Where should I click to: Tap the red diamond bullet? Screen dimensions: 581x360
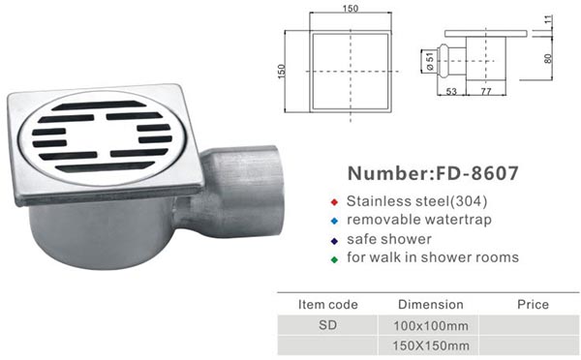click(x=334, y=202)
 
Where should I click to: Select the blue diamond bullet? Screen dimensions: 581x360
click(x=334, y=221)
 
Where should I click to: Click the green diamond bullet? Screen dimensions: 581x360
click(x=334, y=259)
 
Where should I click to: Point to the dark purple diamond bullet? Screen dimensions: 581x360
click(x=334, y=241)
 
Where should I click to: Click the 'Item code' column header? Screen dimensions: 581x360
click(x=328, y=305)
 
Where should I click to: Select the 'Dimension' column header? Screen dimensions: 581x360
click(x=431, y=305)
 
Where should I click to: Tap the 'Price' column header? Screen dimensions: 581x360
click(x=533, y=305)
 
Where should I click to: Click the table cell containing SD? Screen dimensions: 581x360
click(x=327, y=325)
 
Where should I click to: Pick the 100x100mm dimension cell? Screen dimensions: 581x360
click(x=431, y=326)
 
